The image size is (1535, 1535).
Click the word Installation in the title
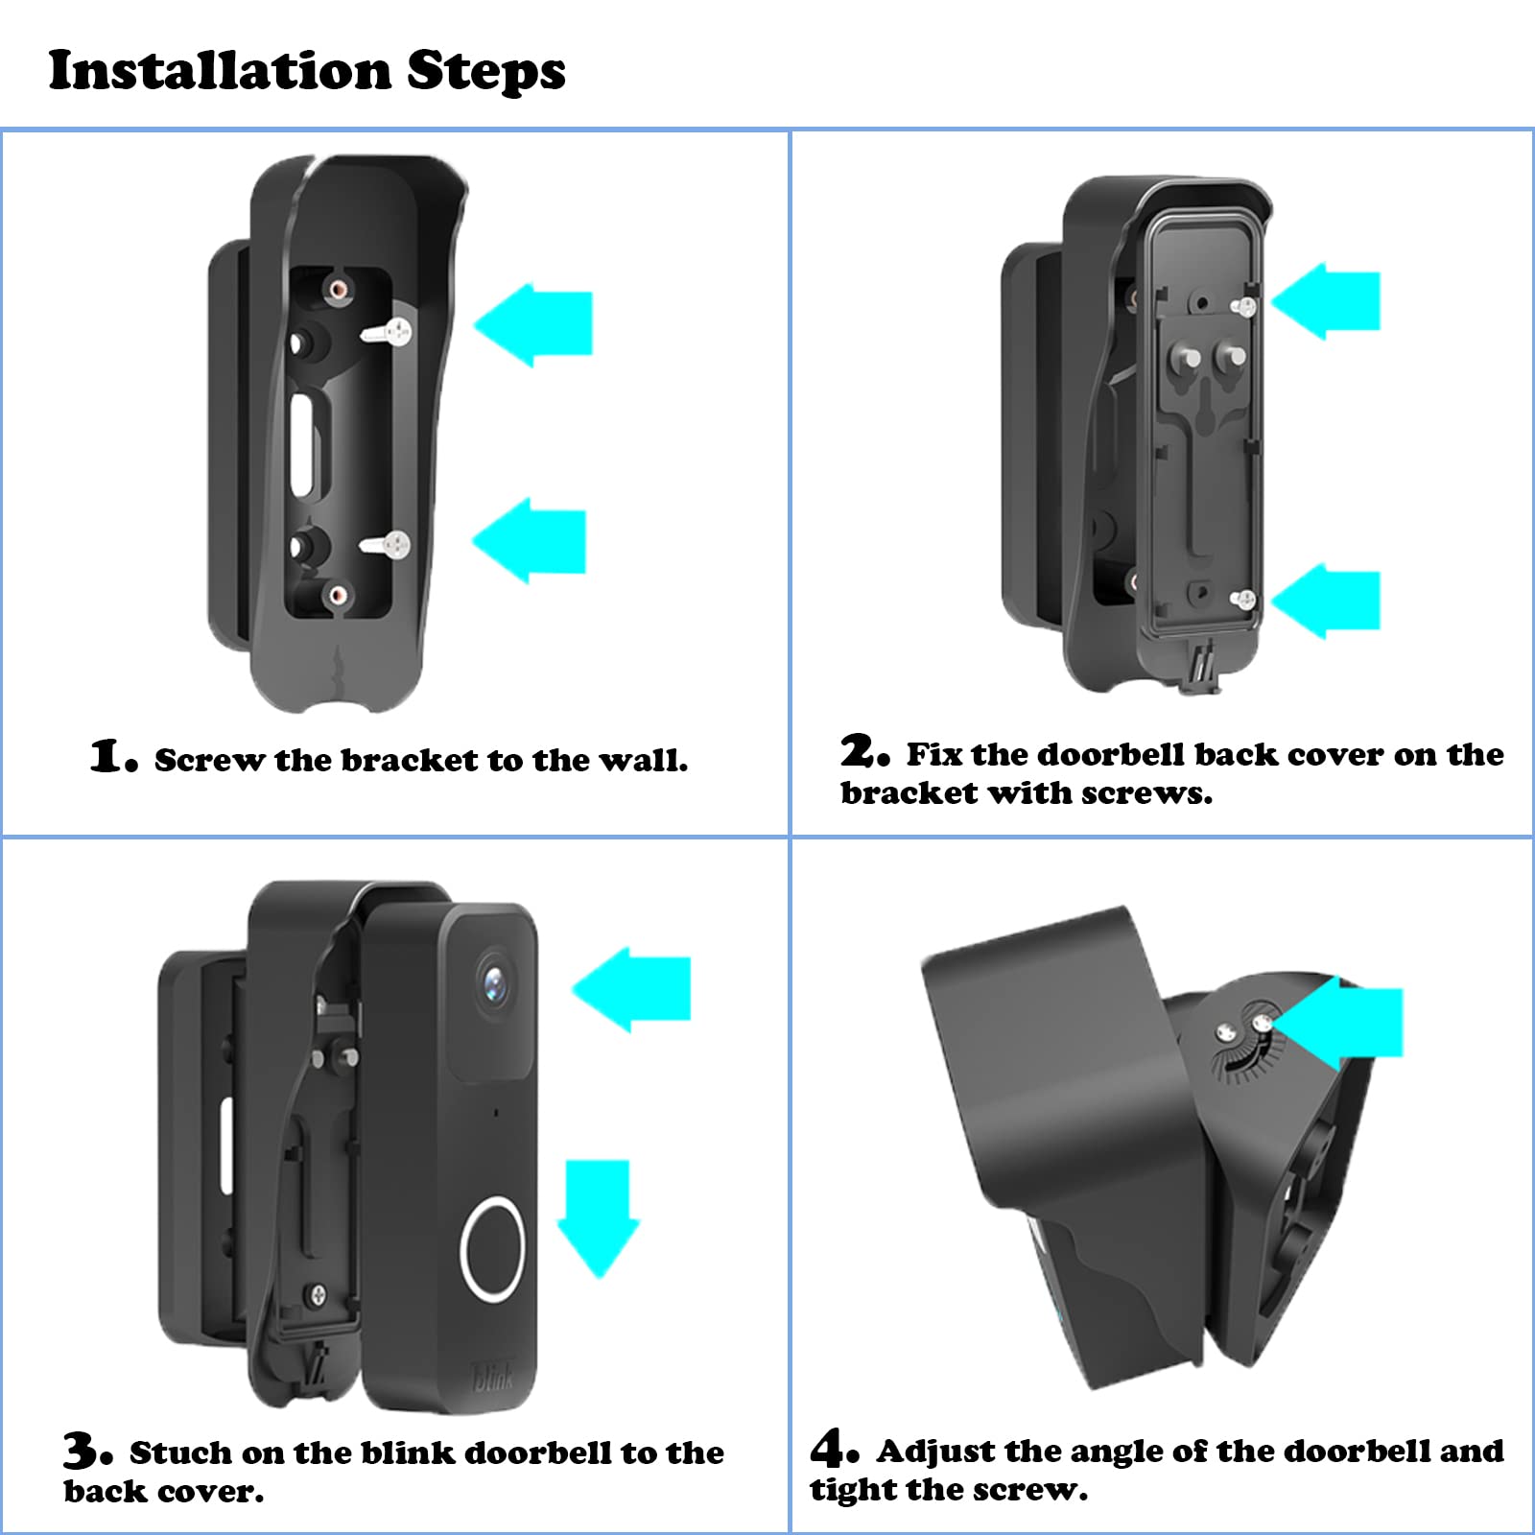pos(219,70)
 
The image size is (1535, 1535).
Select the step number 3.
pos(84,1450)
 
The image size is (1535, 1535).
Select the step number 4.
pos(831,1448)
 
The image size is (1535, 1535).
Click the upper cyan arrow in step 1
pos(537,325)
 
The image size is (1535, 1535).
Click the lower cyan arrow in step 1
pos(532,540)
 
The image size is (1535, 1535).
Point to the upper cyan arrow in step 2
pos(1330,301)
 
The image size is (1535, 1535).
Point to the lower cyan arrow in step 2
pos(1330,601)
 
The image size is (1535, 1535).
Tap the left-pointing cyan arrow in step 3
pos(635,989)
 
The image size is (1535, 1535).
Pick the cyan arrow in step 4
pos(1348,1024)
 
